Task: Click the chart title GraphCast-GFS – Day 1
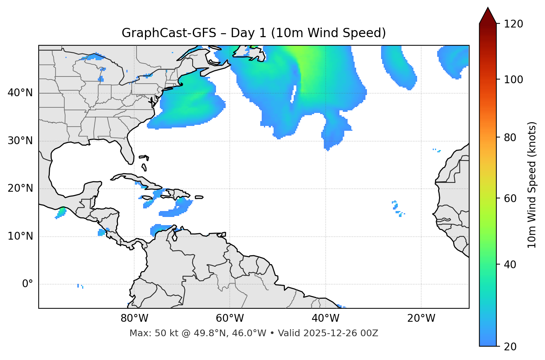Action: click(254, 33)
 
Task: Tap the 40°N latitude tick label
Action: click(20, 93)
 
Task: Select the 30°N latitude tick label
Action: click(20, 141)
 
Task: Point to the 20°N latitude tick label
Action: click(20, 188)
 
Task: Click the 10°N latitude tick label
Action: click(20, 236)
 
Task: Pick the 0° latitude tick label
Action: click(28, 284)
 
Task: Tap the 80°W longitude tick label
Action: click(134, 318)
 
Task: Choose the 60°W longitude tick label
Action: click(230, 318)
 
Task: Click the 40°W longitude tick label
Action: click(325, 318)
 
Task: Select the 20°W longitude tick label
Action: click(421, 318)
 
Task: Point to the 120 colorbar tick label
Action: click(513, 24)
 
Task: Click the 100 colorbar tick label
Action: click(513, 80)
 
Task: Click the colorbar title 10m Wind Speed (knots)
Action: click(532, 185)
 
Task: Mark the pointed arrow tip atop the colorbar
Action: click(488, 8)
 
